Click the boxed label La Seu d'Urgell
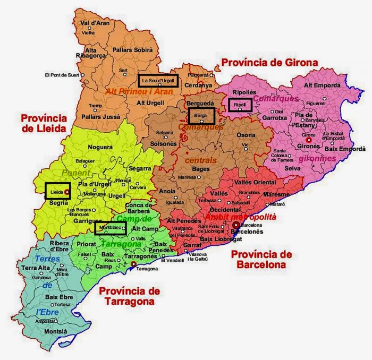[158, 80]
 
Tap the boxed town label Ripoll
[240, 105]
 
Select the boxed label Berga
[201, 115]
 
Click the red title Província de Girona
[269, 63]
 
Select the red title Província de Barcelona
[262, 259]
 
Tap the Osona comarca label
[246, 135]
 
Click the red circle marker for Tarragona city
[133, 263]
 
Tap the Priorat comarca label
[86, 245]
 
